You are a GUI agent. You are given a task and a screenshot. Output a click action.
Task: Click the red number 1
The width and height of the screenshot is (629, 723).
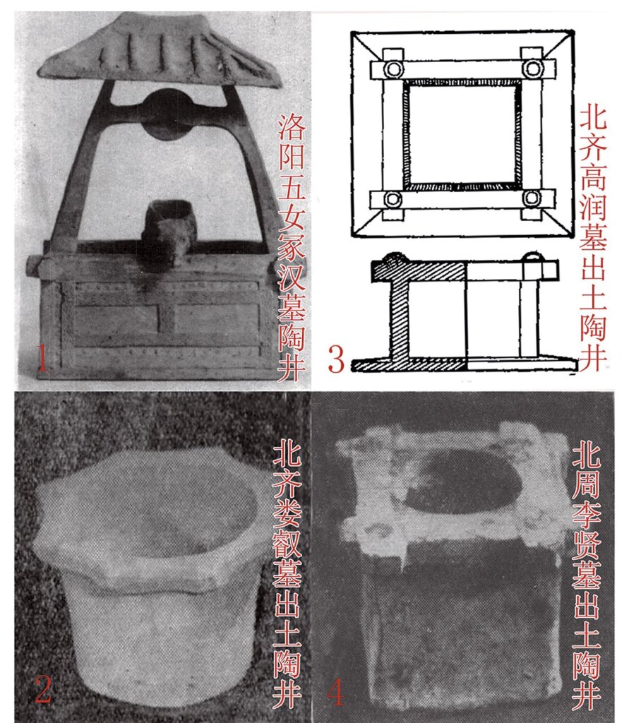42,358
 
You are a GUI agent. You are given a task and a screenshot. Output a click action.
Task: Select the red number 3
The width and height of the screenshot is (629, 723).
336,359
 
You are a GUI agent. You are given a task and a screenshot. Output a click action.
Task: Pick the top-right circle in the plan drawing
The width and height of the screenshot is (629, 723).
533,68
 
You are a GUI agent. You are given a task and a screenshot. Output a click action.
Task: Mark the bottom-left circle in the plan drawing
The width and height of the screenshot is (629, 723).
393,199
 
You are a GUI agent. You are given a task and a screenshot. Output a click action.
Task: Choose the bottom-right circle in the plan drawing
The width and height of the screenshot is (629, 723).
532,198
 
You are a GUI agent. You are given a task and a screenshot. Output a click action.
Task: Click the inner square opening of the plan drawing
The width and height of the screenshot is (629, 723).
462,133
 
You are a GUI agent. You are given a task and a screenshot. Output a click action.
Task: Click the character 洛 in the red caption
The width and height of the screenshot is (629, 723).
292,128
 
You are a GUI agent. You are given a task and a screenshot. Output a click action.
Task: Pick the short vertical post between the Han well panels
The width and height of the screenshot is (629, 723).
167,318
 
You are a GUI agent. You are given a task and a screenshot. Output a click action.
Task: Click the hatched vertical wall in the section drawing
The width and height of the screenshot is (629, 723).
400,319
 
